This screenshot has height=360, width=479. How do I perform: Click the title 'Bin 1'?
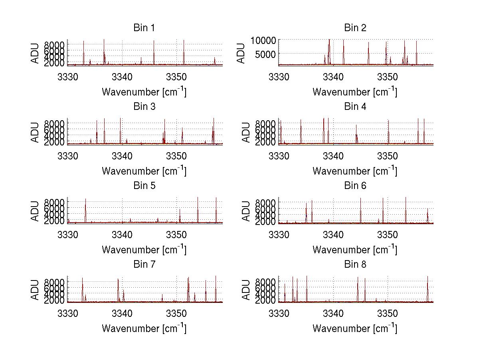click(x=144, y=28)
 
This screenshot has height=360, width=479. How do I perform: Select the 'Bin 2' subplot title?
click(x=355, y=28)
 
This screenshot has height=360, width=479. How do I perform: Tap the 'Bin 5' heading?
click(x=144, y=186)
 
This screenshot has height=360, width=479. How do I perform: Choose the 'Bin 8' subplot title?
click(x=355, y=265)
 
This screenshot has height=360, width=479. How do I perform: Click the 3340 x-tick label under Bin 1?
click(x=122, y=76)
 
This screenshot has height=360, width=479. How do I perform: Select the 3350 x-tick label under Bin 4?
click(x=388, y=155)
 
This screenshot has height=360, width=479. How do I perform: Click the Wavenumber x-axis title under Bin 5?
click(x=144, y=250)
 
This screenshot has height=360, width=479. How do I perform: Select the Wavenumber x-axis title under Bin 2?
click(x=355, y=92)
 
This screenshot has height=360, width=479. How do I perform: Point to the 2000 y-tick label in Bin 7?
click(x=54, y=301)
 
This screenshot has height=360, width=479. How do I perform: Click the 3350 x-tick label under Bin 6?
click(x=388, y=234)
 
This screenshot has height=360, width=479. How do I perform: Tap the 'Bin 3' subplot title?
click(x=144, y=107)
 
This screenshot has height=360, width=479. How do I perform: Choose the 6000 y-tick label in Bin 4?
click(x=265, y=129)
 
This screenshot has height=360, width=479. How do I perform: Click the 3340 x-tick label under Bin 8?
click(x=333, y=312)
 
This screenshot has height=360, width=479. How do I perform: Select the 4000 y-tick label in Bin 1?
click(x=54, y=57)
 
